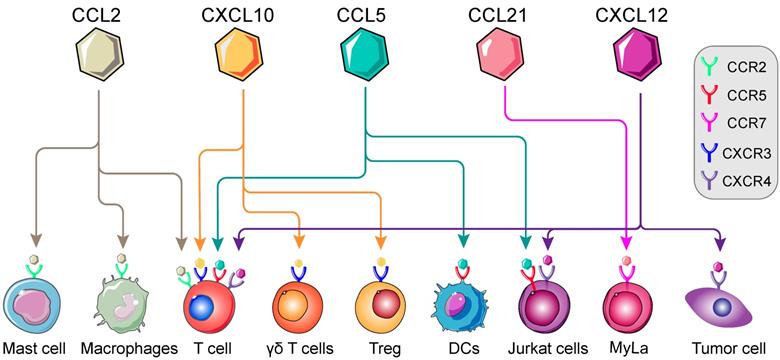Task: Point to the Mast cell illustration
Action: [x=35, y=306]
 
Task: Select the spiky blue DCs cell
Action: [x=464, y=306]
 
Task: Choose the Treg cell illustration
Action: [x=381, y=305]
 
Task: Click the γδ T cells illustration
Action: [x=297, y=306]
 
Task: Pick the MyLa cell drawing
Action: [x=629, y=305]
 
